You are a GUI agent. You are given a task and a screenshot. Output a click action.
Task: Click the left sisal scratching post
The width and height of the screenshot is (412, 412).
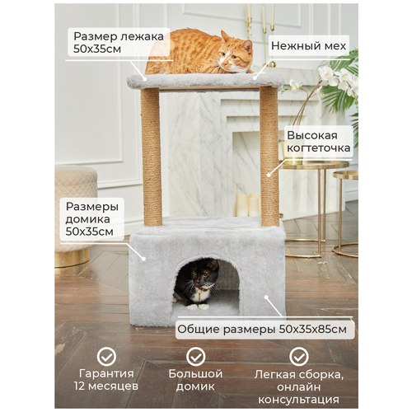click(151, 157)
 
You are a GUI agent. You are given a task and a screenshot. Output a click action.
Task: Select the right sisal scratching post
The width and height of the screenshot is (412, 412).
click(269, 157)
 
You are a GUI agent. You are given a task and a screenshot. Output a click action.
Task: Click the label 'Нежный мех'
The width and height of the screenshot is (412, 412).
click(308, 46)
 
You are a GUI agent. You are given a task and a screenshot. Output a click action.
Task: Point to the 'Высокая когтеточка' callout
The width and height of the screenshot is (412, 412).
click(318, 142)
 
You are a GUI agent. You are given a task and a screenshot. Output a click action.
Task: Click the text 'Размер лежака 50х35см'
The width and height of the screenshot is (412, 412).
click(119, 43)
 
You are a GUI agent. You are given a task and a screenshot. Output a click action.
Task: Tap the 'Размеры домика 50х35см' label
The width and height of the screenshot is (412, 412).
click(92, 219)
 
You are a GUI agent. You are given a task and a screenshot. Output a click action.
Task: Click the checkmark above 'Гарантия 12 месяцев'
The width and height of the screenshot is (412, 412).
click(106, 357)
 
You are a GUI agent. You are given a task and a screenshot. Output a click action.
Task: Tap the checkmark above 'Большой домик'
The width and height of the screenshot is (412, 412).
click(195, 357)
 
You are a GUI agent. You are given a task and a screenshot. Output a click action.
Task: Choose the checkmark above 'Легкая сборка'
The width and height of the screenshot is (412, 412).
click(299, 357)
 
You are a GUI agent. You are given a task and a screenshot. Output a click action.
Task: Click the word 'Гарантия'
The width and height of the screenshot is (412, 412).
click(106, 373)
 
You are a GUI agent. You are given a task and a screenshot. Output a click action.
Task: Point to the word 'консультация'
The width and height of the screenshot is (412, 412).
click(298, 400)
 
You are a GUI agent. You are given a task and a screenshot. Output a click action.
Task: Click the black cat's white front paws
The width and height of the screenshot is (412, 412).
click(198, 307)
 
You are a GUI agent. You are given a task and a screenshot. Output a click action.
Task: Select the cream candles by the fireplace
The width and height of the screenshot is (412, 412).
click(248, 204)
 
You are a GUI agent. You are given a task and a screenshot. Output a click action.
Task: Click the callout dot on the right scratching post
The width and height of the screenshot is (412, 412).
click(269, 175)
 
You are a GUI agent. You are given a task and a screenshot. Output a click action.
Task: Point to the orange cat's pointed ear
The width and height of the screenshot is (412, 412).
click(247, 46)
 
